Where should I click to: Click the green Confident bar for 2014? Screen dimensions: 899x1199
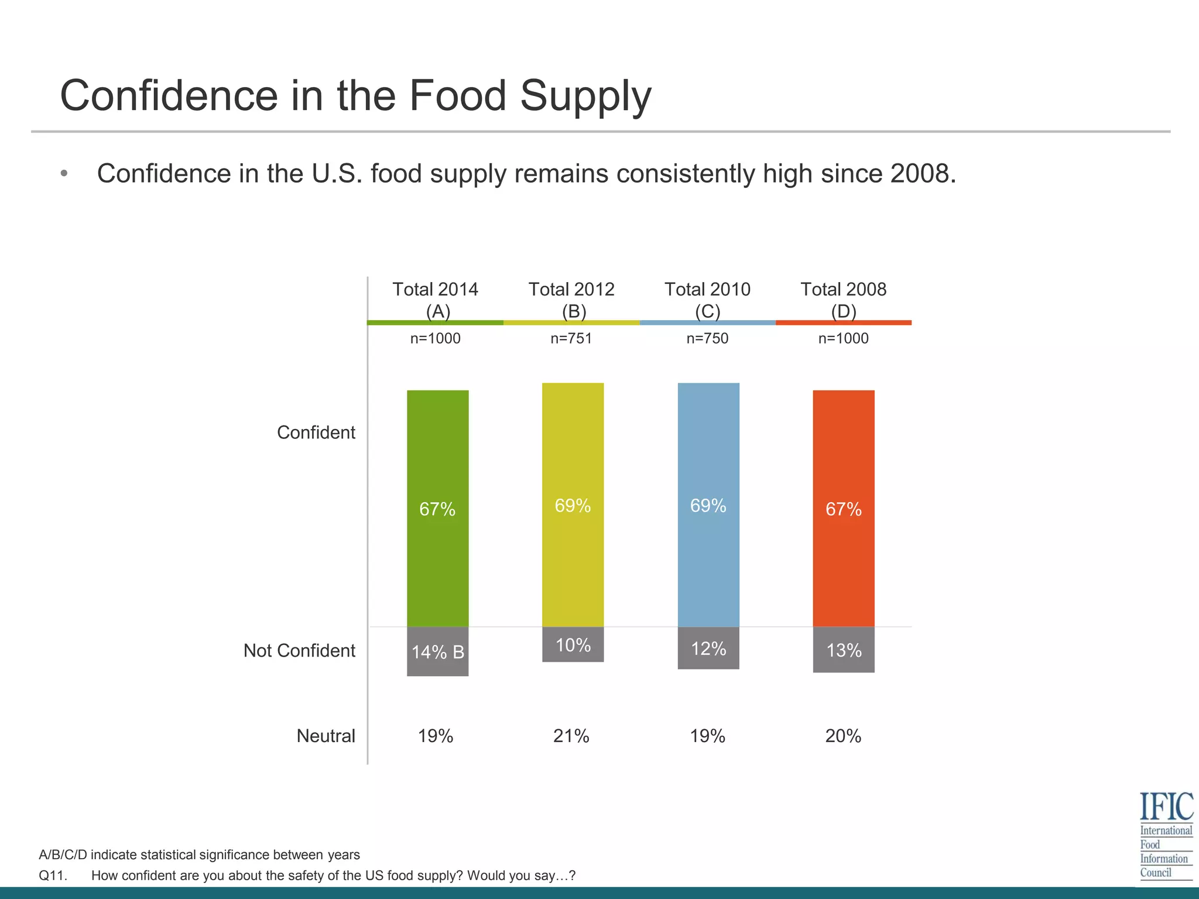[437, 508]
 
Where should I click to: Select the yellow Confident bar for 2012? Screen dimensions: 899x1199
[573, 505]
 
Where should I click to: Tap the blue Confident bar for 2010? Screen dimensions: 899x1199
[708, 505]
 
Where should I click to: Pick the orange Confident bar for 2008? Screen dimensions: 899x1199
[844, 508]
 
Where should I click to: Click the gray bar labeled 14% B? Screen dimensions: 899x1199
[437, 651]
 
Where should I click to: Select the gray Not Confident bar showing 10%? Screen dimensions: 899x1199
[573, 644]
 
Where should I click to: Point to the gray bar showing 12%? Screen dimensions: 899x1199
[708, 648]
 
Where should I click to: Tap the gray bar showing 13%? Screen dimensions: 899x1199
[844, 650]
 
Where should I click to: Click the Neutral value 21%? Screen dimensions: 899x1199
[571, 736]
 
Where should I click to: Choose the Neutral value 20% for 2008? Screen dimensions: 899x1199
[843, 736]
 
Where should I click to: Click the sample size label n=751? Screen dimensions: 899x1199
[571, 338]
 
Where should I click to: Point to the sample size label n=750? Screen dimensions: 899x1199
[707, 338]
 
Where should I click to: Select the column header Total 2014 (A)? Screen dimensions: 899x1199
[436, 300]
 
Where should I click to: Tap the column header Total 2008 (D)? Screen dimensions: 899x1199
[843, 300]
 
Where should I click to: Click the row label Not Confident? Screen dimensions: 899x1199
[299, 650]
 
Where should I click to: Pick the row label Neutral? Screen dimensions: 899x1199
[326, 736]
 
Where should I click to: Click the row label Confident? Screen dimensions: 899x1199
[316, 433]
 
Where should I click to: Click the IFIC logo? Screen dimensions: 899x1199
[1166, 835]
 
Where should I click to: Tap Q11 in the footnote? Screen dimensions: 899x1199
[53, 876]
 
